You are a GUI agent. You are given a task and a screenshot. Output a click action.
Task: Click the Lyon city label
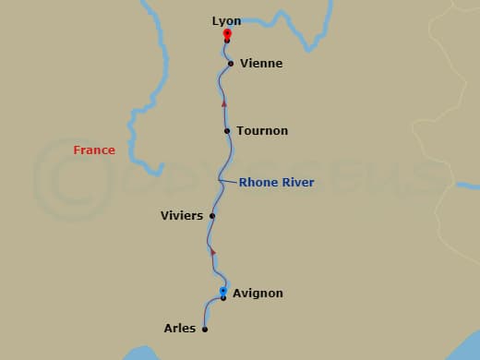226,20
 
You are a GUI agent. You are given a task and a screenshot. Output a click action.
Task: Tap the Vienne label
260,64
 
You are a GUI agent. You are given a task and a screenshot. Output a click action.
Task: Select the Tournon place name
262,131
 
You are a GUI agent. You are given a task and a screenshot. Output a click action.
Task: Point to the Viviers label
182,216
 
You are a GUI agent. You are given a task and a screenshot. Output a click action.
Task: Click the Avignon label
258,294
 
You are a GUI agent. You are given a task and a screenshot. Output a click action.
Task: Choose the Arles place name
180,328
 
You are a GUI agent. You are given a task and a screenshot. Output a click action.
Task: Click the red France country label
95,150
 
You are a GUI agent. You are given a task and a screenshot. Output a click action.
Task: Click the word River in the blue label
297,183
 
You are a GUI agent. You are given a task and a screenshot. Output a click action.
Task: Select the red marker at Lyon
227,34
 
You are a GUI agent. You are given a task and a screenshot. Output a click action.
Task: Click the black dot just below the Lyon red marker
227,42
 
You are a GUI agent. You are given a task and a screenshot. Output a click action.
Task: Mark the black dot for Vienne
231,64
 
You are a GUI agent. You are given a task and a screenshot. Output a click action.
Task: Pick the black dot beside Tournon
227,131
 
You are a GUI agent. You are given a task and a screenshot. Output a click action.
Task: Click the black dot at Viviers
212,216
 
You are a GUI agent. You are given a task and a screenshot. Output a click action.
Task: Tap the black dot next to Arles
205,329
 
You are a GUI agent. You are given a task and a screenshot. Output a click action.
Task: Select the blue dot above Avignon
223,291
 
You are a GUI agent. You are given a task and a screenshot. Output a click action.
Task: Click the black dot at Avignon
223,298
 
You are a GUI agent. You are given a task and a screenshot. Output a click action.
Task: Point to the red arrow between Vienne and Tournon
223,103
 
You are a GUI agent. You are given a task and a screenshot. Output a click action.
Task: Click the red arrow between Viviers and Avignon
213,250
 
